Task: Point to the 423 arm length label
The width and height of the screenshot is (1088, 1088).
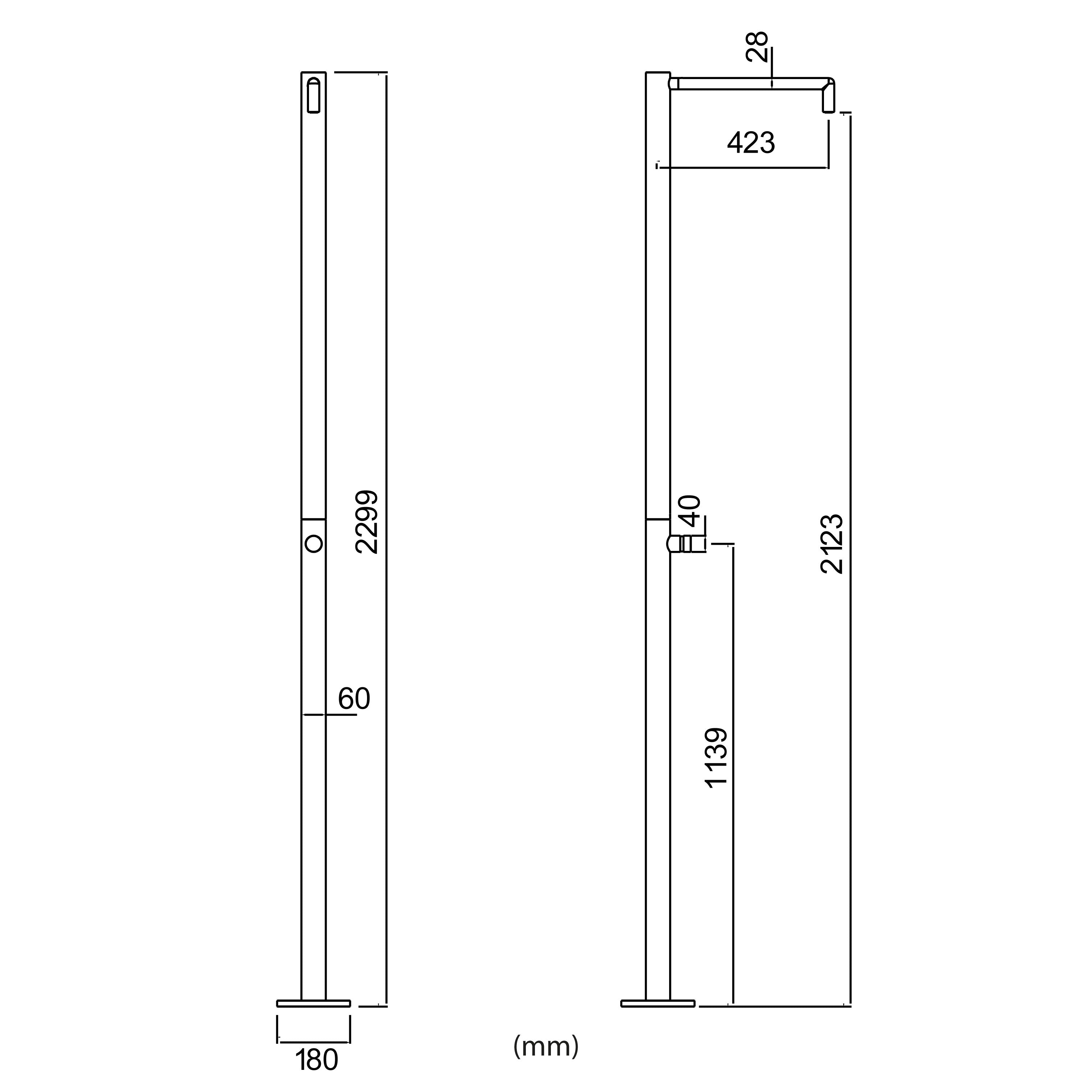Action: [x=751, y=143]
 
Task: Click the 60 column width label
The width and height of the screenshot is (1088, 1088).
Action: [x=354, y=699]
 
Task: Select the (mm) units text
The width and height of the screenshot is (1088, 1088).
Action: [x=546, y=1046]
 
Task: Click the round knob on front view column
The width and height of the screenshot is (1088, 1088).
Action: [x=314, y=543]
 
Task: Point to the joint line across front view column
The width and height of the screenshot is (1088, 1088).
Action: [x=314, y=519]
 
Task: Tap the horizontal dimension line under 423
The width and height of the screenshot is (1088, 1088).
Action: [x=743, y=167]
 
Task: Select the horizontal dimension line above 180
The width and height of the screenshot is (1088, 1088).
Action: [x=314, y=1042]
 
